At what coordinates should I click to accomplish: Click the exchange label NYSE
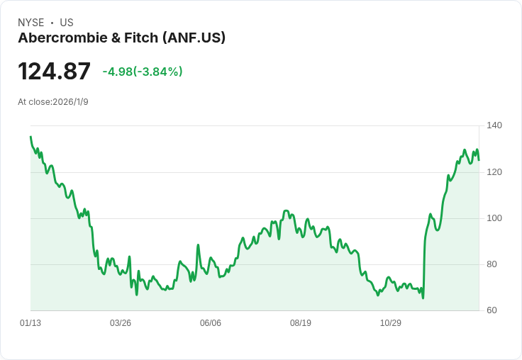31,23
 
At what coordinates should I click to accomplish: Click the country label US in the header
67,23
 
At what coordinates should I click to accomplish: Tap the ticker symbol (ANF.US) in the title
194,38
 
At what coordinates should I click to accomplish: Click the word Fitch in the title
140,38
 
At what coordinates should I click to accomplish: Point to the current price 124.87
54,72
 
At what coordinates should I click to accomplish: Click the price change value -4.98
117,72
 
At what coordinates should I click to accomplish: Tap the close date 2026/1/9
70,102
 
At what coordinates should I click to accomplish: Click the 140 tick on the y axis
494,125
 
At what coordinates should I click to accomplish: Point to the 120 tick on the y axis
494,172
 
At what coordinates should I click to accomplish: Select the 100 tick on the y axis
494,218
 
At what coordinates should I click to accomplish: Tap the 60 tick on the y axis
492,310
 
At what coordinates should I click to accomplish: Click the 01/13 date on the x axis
30,323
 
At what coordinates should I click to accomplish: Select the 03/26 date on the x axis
121,323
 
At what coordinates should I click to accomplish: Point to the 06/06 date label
211,323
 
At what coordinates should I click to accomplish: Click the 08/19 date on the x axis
301,323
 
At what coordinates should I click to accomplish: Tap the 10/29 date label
391,323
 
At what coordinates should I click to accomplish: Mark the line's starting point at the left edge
30,137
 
